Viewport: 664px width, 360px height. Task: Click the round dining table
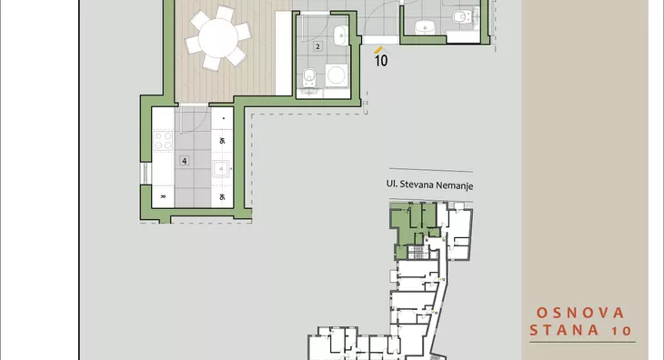click(x=218, y=37)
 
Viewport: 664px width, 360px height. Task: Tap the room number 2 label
click(x=317, y=46)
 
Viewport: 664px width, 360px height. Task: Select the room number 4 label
click(x=184, y=161)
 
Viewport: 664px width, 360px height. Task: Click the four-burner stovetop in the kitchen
click(x=163, y=141)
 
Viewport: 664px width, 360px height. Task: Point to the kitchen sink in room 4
click(x=221, y=169)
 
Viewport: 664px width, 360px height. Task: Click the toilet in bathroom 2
click(x=309, y=78)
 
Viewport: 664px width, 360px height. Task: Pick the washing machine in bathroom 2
click(x=337, y=75)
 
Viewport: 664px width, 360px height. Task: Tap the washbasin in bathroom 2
click(x=341, y=35)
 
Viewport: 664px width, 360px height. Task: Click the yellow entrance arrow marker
click(x=378, y=50)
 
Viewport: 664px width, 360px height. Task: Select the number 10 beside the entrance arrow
click(x=381, y=61)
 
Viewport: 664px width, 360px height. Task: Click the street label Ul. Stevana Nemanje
click(x=429, y=185)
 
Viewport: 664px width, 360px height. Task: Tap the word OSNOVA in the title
click(x=580, y=313)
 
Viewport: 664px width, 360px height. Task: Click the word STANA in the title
click(x=564, y=330)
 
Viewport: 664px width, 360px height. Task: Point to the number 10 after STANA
click(x=621, y=331)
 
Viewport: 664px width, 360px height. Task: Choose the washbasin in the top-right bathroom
click(x=424, y=27)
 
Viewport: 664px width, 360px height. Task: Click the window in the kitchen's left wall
click(x=146, y=173)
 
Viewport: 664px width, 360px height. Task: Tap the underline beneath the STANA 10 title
click(x=583, y=342)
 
